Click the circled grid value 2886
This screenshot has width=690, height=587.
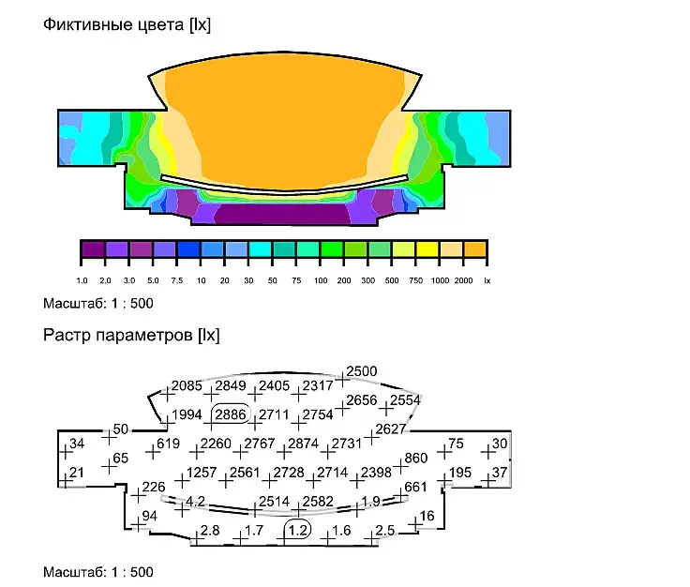(231, 414)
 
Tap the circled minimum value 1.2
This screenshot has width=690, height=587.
(298, 530)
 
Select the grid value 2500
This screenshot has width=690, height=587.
(362, 371)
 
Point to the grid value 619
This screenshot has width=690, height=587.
(168, 444)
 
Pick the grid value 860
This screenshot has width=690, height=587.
(416, 459)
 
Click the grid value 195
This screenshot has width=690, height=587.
(460, 473)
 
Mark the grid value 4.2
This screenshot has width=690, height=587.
(195, 502)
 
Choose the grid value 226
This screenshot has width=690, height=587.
(154, 487)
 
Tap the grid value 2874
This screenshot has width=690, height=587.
(303, 444)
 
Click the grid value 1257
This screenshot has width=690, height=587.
(202, 473)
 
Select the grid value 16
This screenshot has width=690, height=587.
(427, 516)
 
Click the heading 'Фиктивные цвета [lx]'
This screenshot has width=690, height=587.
(127, 24)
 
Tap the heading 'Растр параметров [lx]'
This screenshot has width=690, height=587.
(131, 336)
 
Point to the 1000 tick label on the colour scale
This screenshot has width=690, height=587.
(440, 280)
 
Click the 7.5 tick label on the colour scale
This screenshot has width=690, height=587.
(177, 280)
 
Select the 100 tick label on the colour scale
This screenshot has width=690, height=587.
(321, 280)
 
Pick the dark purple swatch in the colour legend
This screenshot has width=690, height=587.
(93, 249)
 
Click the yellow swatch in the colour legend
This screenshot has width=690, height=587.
(427, 249)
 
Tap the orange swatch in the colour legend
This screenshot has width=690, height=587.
(475, 249)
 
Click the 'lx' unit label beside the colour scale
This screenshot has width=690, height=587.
(487, 280)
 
